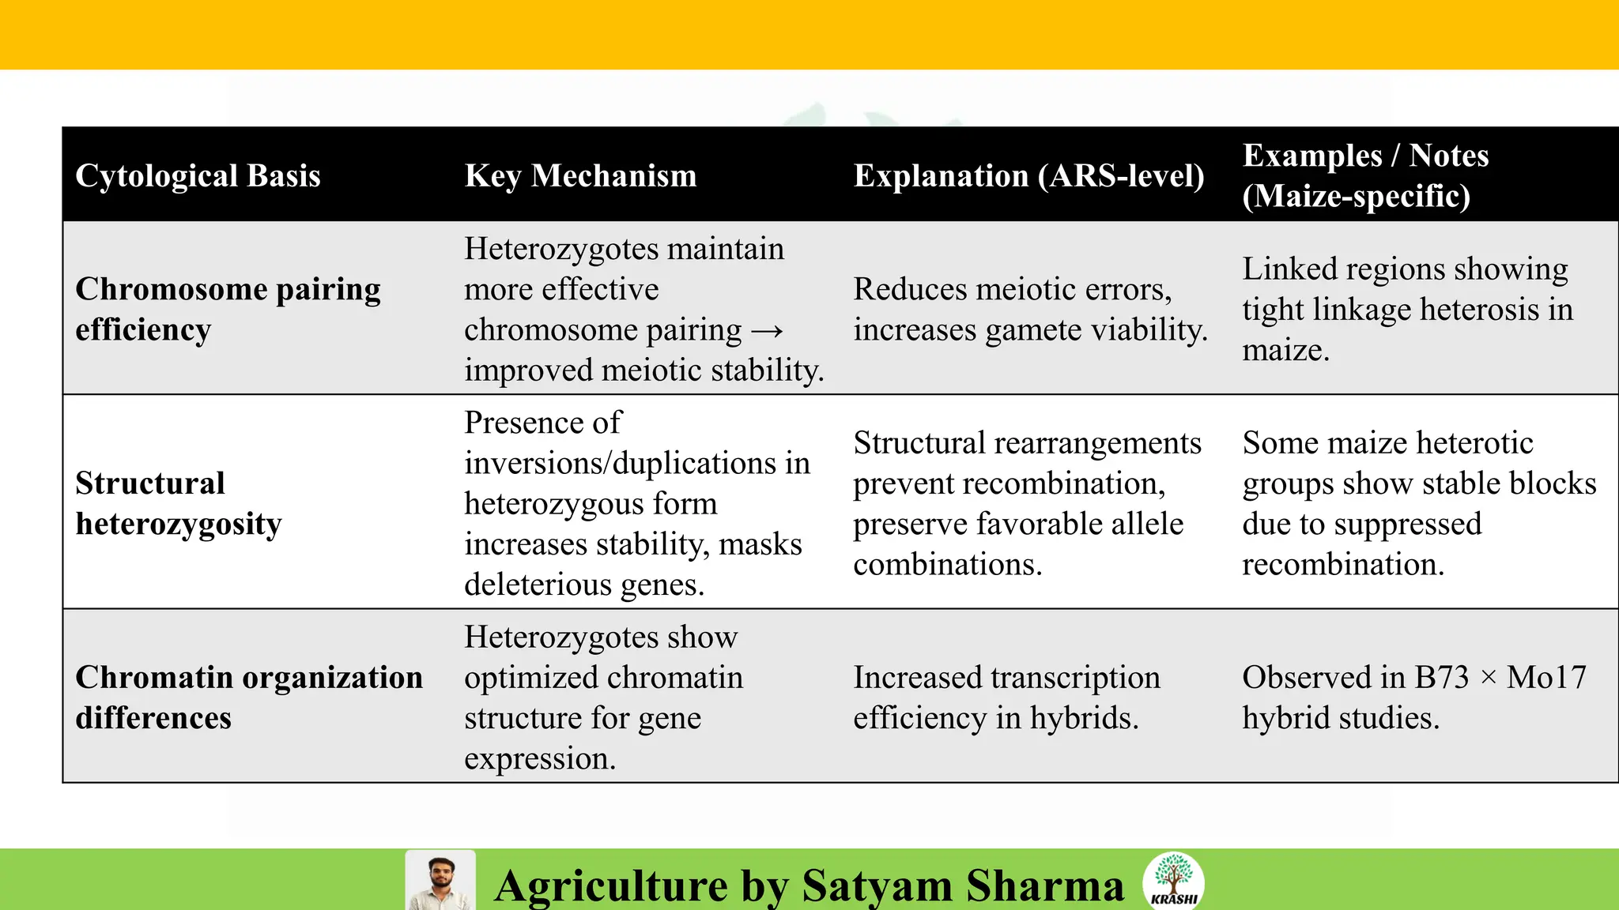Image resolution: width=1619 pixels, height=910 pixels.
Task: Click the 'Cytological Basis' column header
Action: tap(198, 175)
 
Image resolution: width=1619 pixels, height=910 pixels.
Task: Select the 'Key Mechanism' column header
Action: tap(580, 175)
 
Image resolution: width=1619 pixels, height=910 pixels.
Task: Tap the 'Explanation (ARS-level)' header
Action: tap(1028, 175)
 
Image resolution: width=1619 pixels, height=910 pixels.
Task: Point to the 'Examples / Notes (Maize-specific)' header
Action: tap(1364, 175)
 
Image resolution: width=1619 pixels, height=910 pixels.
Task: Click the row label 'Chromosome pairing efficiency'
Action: tap(228, 309)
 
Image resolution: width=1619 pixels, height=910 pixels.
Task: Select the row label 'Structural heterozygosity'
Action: tap(179, 503)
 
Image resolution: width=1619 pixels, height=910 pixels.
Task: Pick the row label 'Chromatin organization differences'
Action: tap(249, 698)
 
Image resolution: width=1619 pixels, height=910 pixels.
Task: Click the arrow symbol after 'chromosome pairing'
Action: tap(766, 330)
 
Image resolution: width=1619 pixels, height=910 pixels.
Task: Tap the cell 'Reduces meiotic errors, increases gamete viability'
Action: tap(1030, 309)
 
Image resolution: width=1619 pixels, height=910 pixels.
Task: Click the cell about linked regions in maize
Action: tap(1407, 309)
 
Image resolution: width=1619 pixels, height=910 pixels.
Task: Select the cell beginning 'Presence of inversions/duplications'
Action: tap(636, 503)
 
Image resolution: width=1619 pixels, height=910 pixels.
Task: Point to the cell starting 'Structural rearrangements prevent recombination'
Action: tap(1027, 503)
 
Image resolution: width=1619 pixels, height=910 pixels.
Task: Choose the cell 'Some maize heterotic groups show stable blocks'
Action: tap(1419, 503)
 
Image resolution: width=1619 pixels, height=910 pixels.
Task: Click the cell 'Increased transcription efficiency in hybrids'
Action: tap(1006, 698)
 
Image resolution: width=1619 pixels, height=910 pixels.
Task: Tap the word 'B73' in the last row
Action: tap(1441, 678)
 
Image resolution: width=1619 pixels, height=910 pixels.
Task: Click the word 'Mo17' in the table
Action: tap(1546, 678)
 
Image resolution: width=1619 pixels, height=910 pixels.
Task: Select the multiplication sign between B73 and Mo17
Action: tap(1488, 678)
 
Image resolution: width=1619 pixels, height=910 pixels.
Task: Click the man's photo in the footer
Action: tap(440, 881)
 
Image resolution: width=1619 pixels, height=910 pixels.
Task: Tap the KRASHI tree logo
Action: tap(1174, 880)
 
